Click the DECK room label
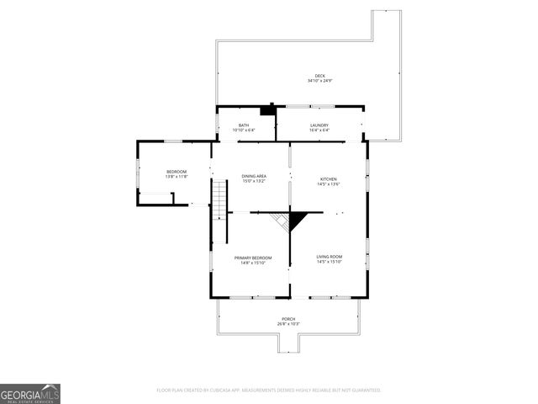(319, 76)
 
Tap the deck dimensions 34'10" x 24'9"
(319, 81)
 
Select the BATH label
(244, 125)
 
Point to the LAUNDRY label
(319, 125)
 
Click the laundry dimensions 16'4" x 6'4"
(319, 130)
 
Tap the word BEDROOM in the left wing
(176, 172)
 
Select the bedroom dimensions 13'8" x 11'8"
(176, 177)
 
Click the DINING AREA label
(254, 176)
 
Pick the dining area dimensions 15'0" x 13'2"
(254, 181)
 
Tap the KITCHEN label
(328, 178)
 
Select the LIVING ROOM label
(329, 257)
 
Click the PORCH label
(288, 319)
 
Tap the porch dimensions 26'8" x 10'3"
(288, 324)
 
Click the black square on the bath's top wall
(268, 109)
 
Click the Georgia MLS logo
(30, 393)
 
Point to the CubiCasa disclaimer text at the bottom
(269, 391)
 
